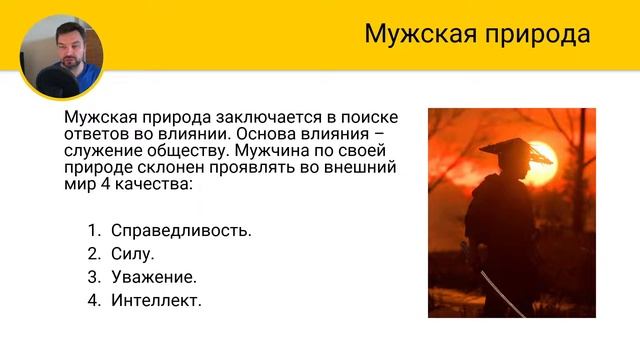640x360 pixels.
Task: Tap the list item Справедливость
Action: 181,230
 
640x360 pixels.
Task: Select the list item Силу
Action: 132,253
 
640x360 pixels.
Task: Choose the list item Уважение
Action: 153,276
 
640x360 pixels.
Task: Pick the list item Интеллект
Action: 156,299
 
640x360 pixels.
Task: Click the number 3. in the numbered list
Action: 95,276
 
